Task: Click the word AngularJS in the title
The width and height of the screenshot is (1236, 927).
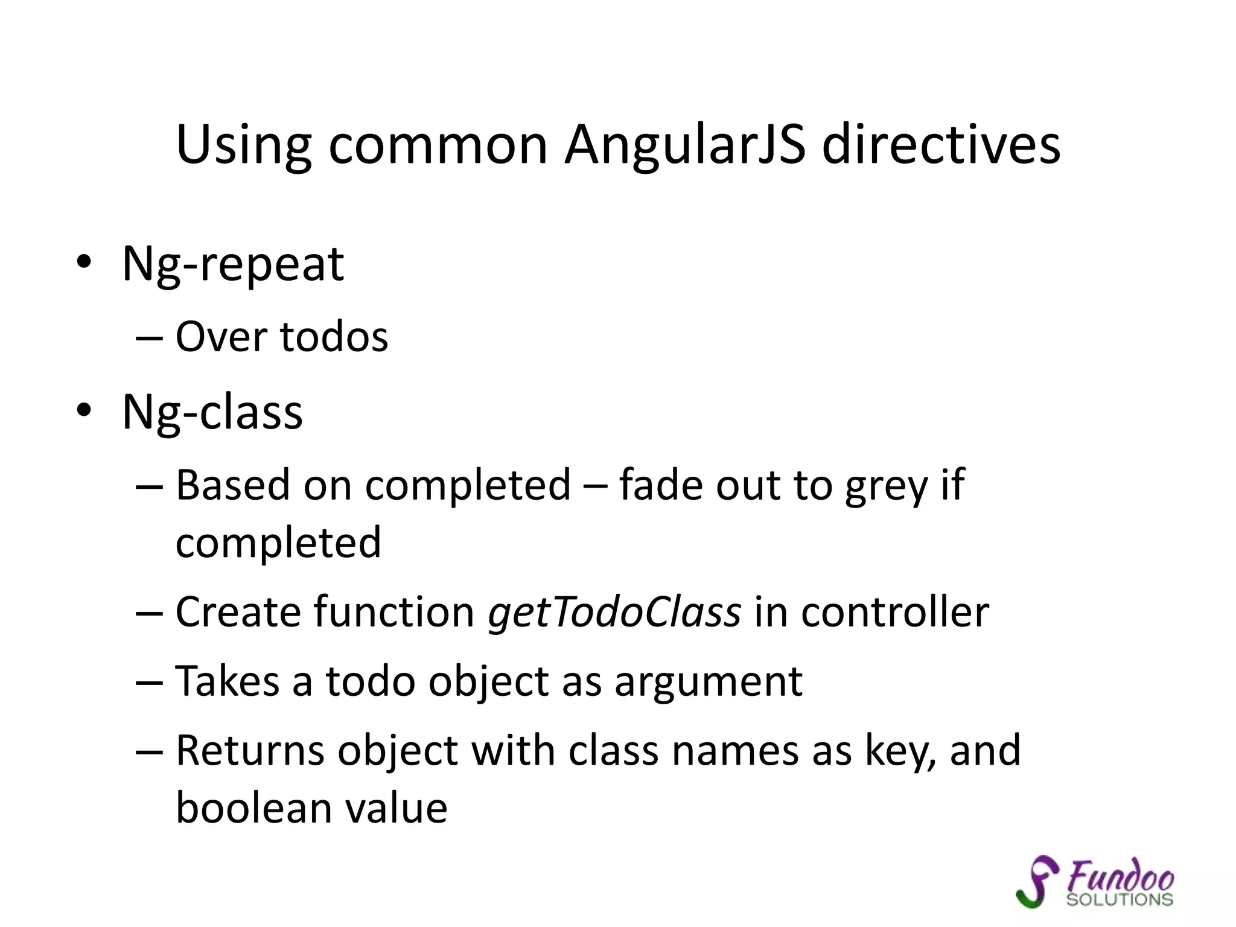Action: click(684, 145)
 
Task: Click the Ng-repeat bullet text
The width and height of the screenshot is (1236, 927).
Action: click(233, 264)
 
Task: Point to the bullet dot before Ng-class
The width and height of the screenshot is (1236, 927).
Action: click(84, 410)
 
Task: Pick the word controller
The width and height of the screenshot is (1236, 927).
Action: click(895, 612)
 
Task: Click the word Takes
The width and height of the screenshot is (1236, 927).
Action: click(227, 681)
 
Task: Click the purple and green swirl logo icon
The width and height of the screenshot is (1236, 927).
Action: click(1037, 881)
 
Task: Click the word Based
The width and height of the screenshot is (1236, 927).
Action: click(232, 485)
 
